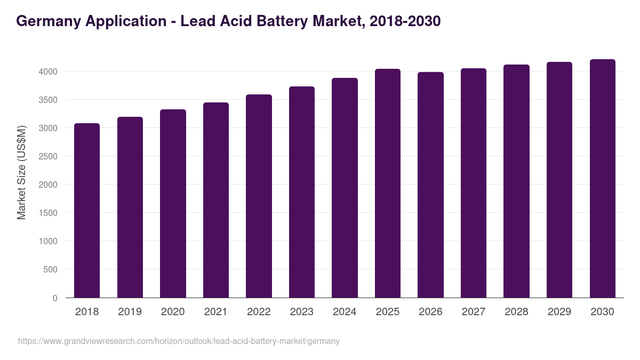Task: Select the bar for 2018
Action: point(87,210)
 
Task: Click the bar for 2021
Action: point(216,200)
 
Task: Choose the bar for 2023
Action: point(302,192)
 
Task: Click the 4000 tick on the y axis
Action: point(49,71)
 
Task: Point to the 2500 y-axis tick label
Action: point(49,156)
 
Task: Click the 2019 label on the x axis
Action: point(130,312)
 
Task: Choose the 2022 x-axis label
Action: point(259,312)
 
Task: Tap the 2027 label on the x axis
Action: point(473,312)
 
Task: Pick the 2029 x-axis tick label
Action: point(559,312)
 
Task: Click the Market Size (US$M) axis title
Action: point(21,172)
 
